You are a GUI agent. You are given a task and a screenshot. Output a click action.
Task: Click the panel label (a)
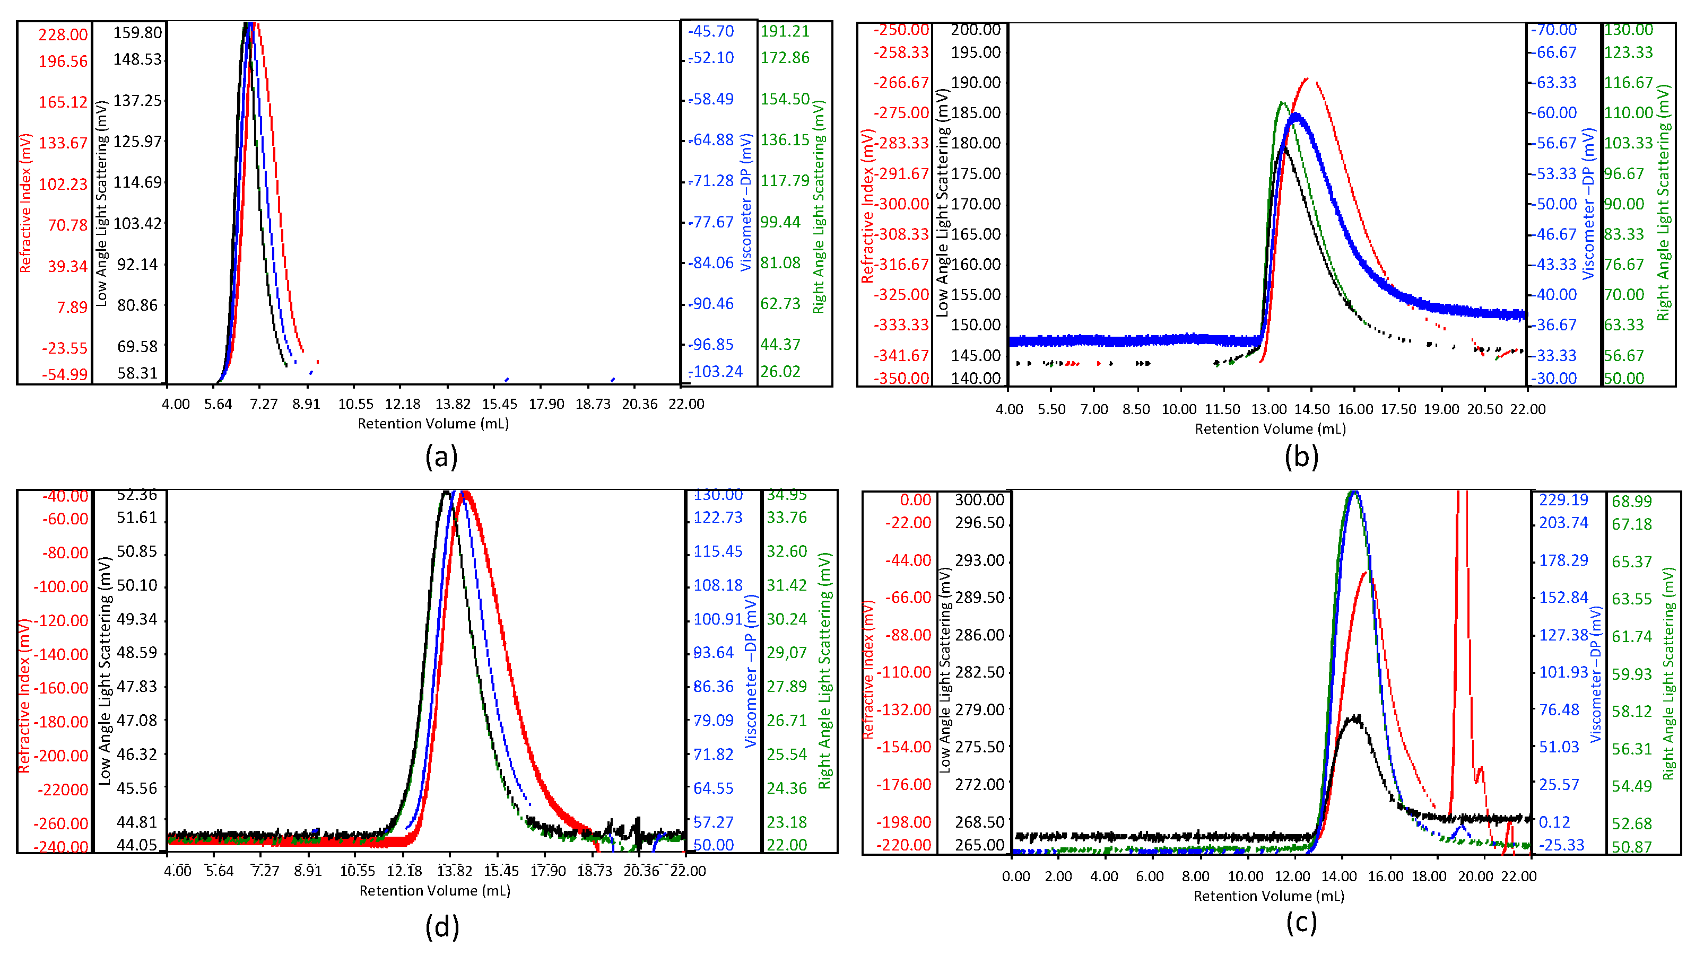pos(441,458)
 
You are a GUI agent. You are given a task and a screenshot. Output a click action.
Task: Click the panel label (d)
pos(441,927)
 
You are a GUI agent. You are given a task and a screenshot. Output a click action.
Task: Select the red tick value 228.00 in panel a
pos(62,35)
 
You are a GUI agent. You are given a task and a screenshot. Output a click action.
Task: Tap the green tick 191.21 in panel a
pos(785,31)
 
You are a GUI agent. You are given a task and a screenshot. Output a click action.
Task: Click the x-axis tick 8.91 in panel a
pos(306,404)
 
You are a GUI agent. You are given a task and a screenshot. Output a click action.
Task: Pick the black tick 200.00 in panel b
pos(975,30)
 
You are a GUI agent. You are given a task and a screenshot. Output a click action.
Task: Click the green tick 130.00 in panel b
pos(1628,30)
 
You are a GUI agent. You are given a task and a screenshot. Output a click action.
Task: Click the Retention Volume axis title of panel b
pos(1270,429)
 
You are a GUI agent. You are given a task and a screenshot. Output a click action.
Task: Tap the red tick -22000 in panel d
pos(62,790)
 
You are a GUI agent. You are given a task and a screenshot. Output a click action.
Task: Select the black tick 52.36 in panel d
pos(137,495)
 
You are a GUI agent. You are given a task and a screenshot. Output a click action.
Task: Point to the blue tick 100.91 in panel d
pos(718,619)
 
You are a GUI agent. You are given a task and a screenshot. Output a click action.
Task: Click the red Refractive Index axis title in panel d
pos(24,696)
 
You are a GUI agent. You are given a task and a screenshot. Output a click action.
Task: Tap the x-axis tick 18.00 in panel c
pos(1429,876)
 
